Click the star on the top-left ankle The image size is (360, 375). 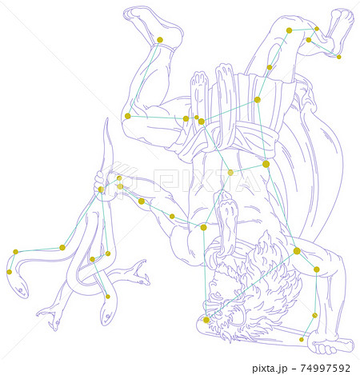click(x=160, y=40)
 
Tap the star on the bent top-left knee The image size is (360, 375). click(x=128, y=116)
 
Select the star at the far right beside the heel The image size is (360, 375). click(x=338, y=57)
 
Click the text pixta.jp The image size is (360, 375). click(x=270, y=368)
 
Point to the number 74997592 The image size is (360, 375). click(x=326, y=368)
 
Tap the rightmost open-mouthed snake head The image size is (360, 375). click(x=141, y=273)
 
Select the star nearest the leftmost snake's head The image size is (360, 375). click(x=10, y=272)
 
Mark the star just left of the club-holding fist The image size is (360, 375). click(x=302, y=339)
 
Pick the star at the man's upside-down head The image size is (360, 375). click(x=206, y=320)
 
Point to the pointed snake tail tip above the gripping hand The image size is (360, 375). click(x=107, y=119)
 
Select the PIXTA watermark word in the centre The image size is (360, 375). click(x=206, y=181)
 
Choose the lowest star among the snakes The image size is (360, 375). click(x=108, y=297)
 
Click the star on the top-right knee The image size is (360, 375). click(x=289, y=30)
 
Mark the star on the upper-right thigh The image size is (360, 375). click(x=270, y=67)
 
